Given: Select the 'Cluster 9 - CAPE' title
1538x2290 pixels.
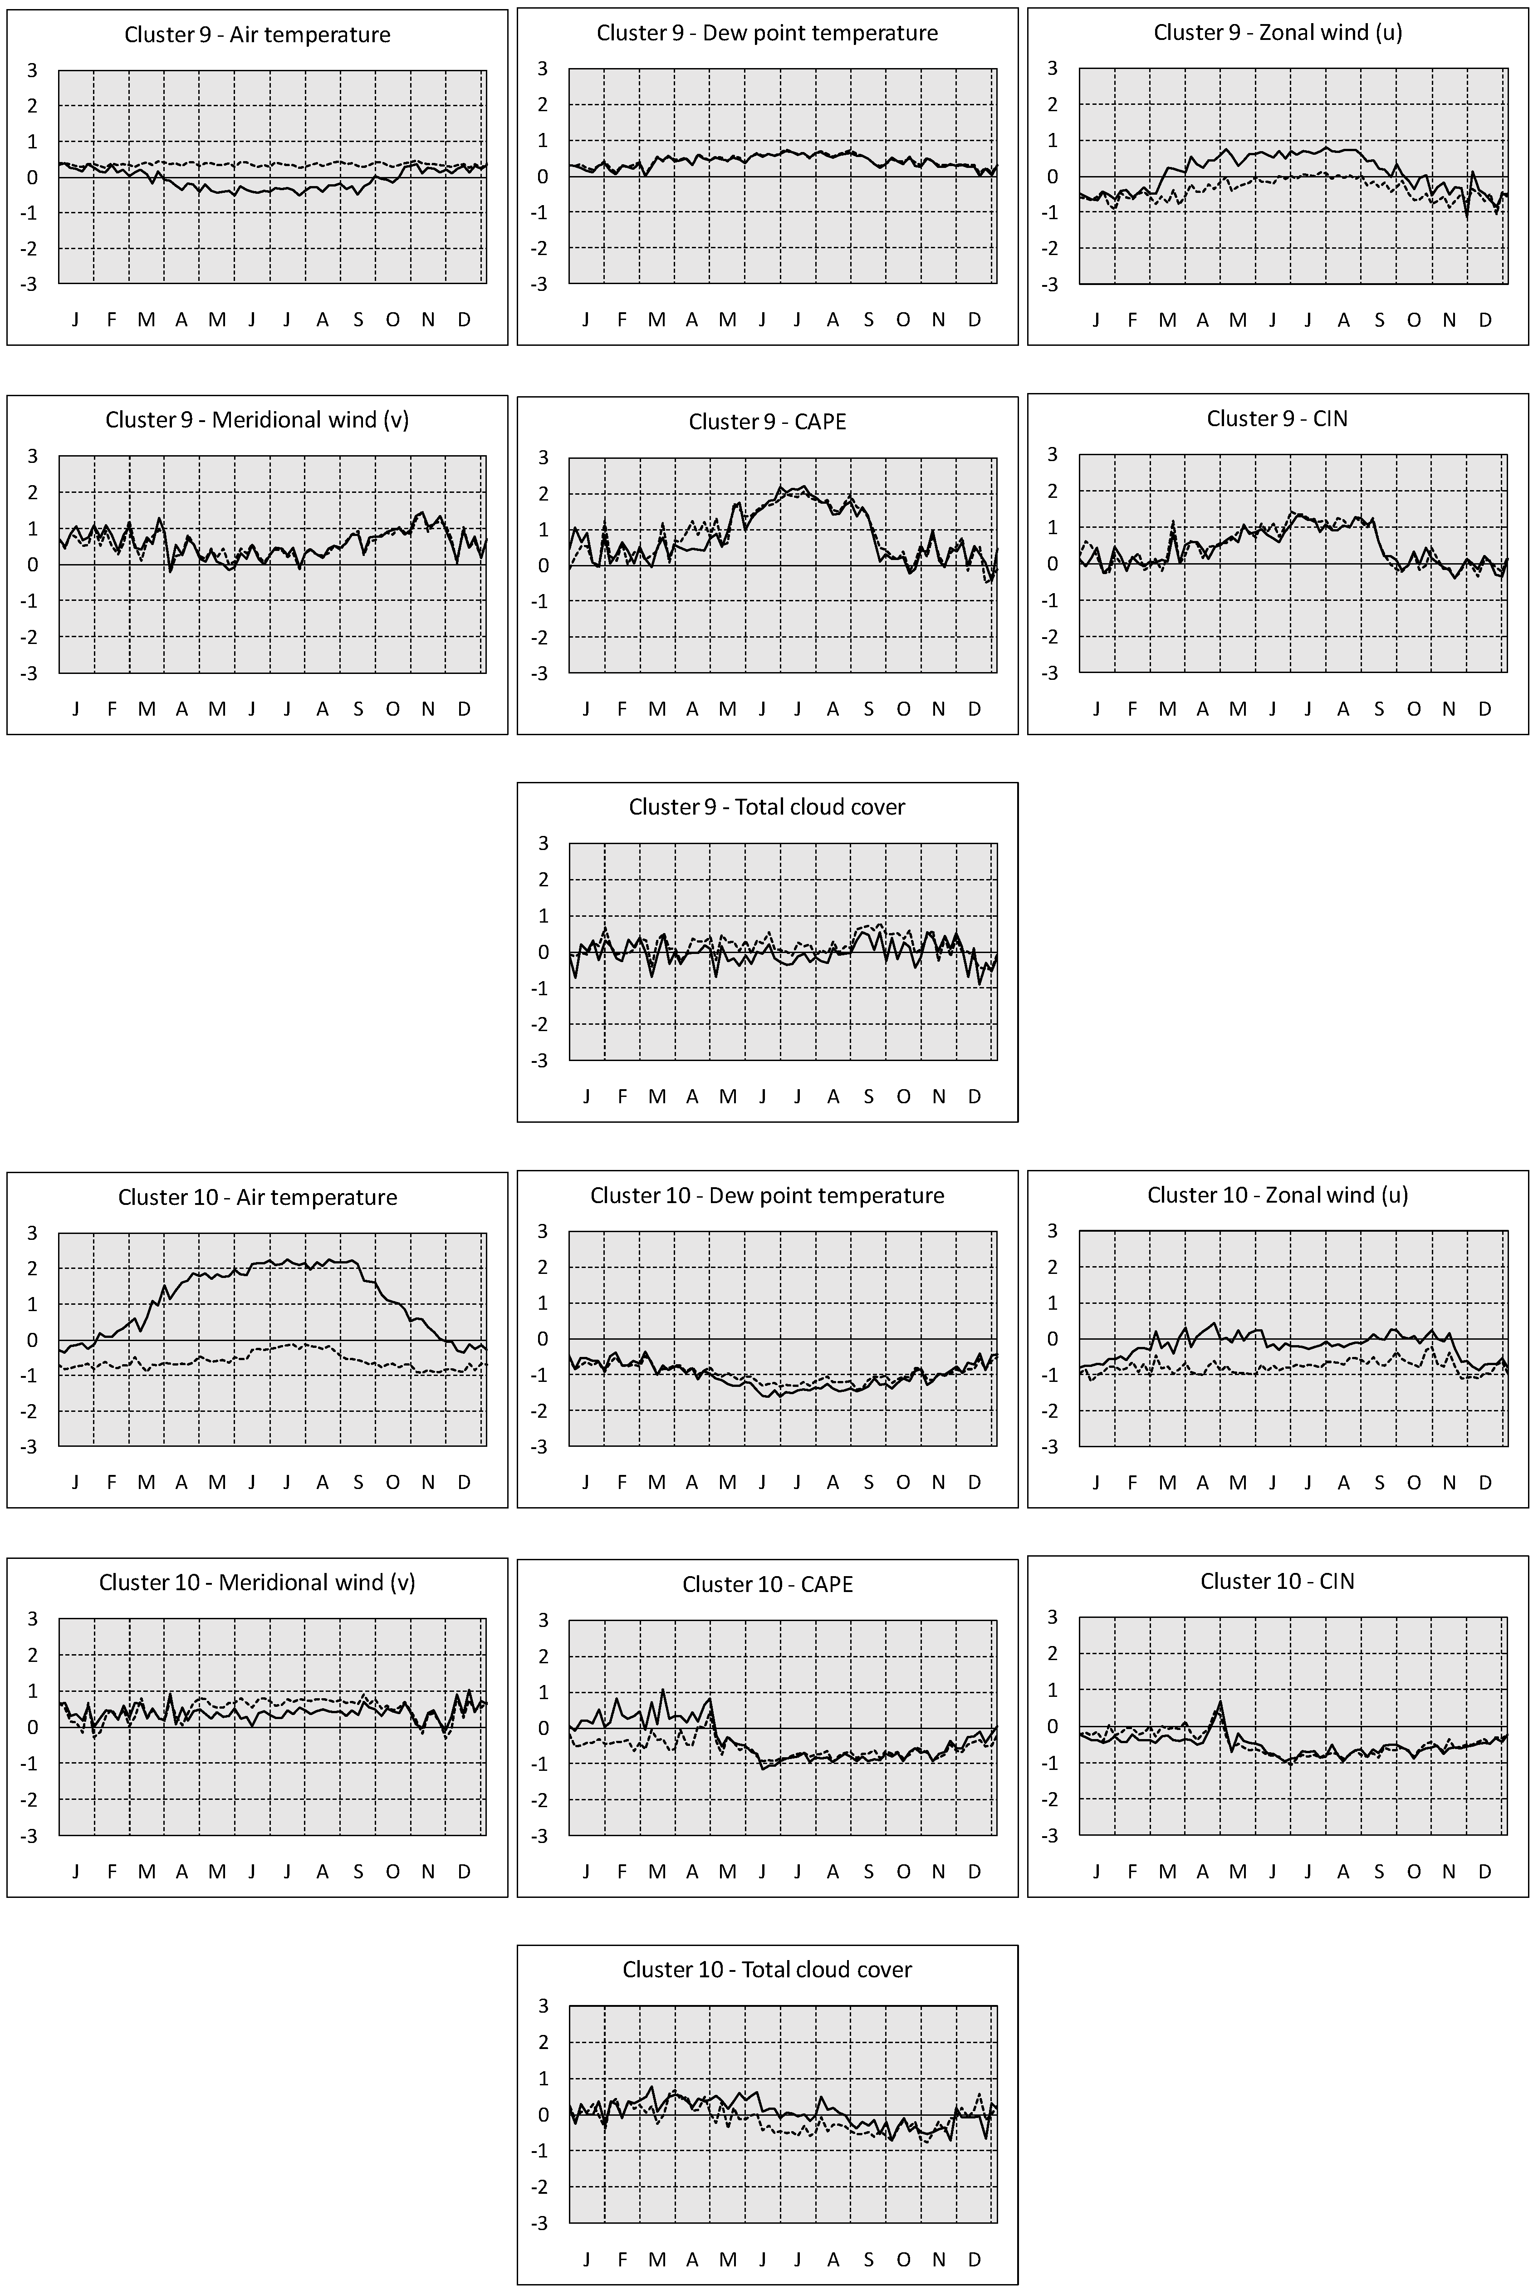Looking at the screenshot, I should pyautogui.click(x=767, y=422).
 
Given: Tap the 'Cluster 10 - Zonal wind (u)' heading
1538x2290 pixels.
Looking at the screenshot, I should pyautogui.click(x=1277, y=1195).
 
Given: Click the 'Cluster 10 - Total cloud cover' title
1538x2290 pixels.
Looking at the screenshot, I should pyautogui.click(x=767, y=1969).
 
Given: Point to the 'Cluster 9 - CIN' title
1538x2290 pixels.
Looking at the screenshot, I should pyautogui.click(x=1277, y=419).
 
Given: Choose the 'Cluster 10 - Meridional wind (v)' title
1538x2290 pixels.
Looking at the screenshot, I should pyautogui.click(x=257, y=1582).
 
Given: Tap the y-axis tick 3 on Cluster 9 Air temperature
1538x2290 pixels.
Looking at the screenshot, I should pyautogui.click(x=34, y=71).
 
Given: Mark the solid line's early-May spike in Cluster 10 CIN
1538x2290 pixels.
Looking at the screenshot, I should pyautogui.click(x=1219, y=1704).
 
